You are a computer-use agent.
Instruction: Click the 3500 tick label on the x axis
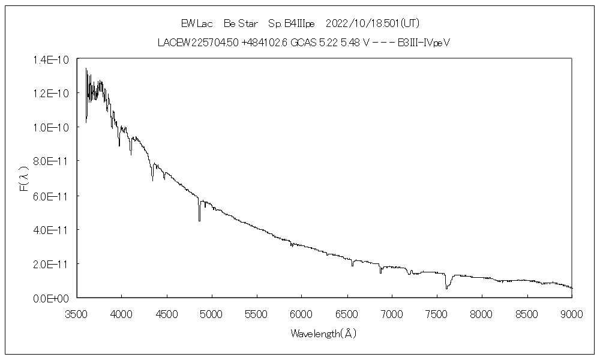(76, 313)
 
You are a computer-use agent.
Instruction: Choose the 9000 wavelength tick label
(572, 313)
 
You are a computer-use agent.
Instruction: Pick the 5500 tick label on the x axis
(257, 313)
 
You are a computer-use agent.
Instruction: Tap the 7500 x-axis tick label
(437, 313)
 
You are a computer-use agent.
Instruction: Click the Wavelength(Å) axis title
(323, 333)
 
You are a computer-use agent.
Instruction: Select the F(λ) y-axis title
(25, 179)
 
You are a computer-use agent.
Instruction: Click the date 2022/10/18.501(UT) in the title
(371, 23)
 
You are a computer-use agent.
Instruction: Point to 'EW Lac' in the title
(194, 23)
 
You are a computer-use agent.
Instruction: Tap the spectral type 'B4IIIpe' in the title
(292, 23)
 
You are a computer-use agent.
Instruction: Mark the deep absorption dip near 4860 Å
(199, 219)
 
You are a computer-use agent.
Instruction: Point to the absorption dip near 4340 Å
(152, 179)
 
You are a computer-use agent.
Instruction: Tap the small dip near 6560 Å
(352, 265)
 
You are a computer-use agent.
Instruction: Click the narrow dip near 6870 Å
(380, 272)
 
